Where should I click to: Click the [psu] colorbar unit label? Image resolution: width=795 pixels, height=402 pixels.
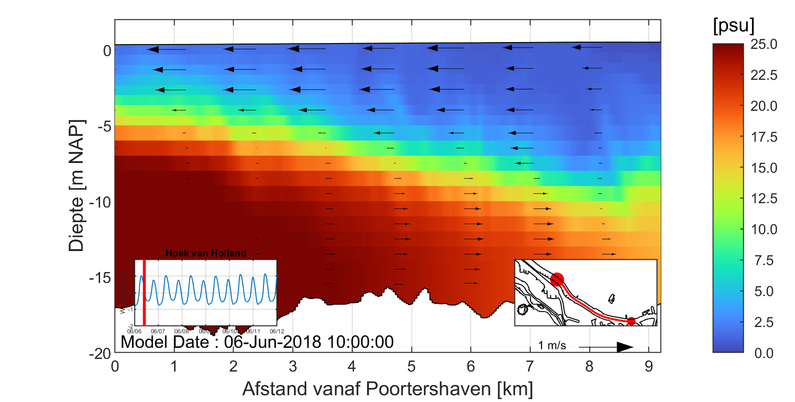[733, 26]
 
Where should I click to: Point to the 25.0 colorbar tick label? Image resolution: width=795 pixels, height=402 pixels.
[764, 45]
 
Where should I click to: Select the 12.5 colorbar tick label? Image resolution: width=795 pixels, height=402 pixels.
[764, 198]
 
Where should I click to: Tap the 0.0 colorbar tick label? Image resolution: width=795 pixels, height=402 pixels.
[764, 353]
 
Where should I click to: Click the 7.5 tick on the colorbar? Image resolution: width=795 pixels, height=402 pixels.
[764, 261]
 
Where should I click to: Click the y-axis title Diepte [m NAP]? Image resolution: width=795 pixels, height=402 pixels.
[76, 186]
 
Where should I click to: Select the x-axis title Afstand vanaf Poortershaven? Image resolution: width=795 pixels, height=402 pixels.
[387, 389]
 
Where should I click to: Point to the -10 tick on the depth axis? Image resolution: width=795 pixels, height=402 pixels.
[100, 202]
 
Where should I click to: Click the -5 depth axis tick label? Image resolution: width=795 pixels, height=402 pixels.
[104, 127]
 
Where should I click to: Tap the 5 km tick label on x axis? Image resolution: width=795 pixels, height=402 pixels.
[412, 367]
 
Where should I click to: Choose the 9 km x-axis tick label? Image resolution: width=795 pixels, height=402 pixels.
[649, 367]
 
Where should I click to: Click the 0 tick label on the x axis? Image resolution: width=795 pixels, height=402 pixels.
[115, 367]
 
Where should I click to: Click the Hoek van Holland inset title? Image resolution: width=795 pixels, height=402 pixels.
[206, 253]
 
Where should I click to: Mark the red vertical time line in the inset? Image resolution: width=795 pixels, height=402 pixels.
[144, 293]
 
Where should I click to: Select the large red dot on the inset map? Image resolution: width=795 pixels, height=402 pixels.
[557, 279]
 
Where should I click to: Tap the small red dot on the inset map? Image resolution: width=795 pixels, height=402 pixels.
[631, 321]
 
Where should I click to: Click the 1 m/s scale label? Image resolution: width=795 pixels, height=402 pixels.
[552, 345]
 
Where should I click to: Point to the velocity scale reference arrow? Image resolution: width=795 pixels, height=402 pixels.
[606, 347]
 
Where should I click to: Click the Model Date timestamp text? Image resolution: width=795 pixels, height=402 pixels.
[257, 342]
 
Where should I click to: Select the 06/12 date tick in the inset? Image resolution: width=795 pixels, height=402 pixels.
[277, 331]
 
